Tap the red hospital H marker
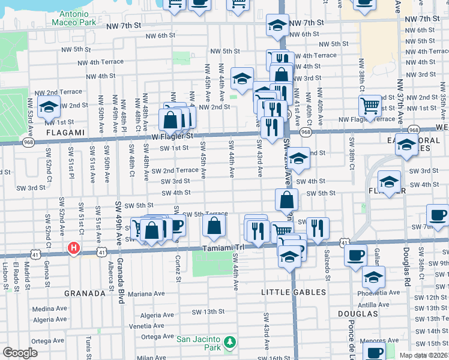click(74, 247)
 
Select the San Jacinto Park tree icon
click(229, 342)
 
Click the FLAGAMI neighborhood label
click(64, 131)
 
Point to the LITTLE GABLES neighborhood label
click(294, 292)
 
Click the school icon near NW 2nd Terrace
click(48, 108)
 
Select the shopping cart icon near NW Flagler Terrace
click(370, 106)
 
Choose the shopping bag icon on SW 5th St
click(287, 200)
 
